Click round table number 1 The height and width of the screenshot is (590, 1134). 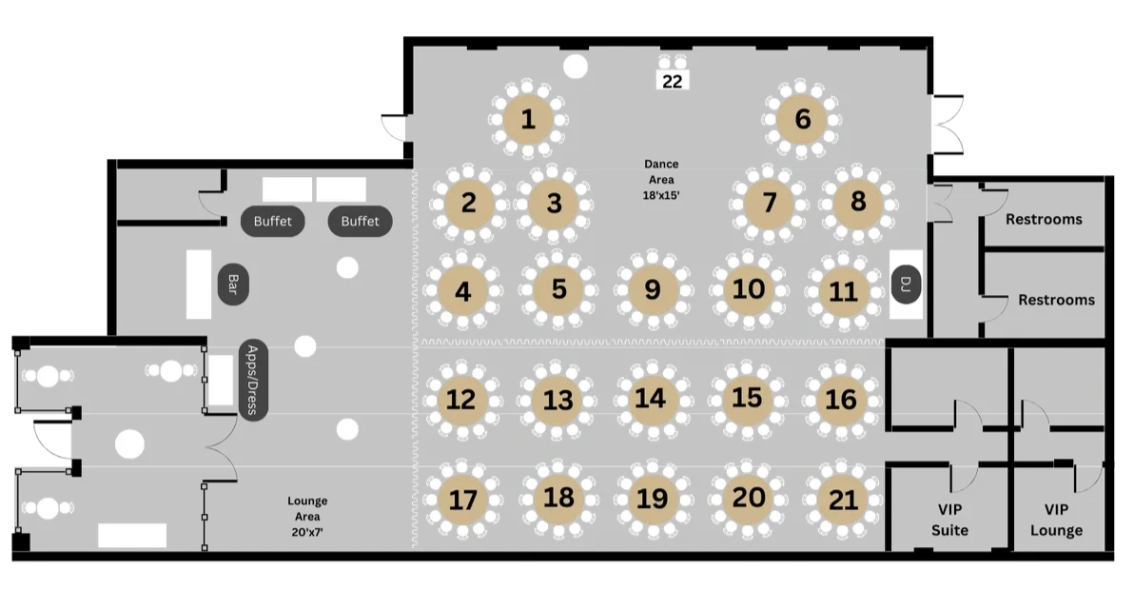point(528,120)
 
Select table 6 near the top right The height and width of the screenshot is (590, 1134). point(802,120)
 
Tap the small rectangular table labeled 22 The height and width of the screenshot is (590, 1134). point(673,81)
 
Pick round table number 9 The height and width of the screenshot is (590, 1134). point(652,289)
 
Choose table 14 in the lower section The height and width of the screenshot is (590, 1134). point(651,398)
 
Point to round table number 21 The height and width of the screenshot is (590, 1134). point(842,499)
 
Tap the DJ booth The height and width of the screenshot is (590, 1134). point(906,283)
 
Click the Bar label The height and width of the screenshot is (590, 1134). point(232,284)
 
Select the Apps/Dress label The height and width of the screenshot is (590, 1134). point(251,379)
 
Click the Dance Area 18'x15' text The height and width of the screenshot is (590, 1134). point(659,179)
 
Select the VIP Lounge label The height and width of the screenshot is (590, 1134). point(1056,520)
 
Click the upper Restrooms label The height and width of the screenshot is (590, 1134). point(1044,219)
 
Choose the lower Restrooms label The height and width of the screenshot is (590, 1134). point(1056,300)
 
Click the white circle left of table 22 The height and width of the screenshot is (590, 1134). point(575,66)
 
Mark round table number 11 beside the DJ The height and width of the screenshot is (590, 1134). point(843,290)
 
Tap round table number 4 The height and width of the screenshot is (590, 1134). point(463,290)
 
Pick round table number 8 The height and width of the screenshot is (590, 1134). point(858,202)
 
